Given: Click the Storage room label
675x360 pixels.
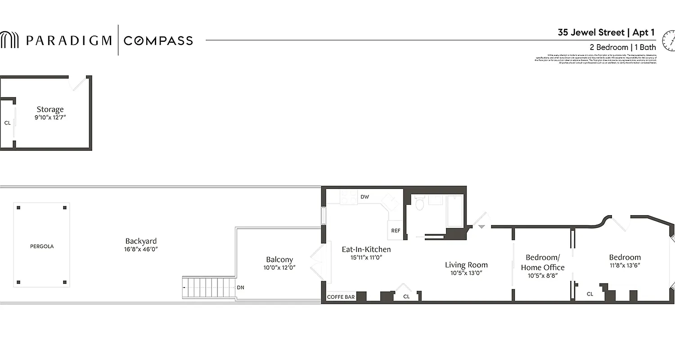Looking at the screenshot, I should [x=50, y=109].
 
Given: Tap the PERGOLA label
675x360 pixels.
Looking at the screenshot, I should [x=42, y=247].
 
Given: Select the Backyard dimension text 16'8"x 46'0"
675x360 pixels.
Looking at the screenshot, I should [x=141, y=249].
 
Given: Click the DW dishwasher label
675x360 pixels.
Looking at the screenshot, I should [x=365, y=197].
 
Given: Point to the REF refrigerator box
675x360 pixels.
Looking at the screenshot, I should [x=396, y=230].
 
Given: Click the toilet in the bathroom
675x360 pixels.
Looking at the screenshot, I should [x=420, y=204].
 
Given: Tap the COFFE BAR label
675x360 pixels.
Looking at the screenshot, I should [x=341, y=297].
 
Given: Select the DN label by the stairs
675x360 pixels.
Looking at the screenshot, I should [x=240, y=288].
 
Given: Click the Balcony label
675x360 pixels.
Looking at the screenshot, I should [x=279, y=260].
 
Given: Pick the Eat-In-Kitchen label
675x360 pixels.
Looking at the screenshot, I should [x=366, y=249].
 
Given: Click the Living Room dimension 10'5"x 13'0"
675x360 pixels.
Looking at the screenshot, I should [x=466, y=273].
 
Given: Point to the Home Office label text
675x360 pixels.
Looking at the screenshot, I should [x=543, y=268].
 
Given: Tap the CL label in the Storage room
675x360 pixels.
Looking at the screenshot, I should [x=7, y=123].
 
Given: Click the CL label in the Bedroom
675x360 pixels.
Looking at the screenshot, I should [x=590, y=294].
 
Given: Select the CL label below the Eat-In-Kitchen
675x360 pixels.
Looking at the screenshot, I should [x=406, y=297].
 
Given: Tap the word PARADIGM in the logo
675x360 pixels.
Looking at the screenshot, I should [x=68, y=40].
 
